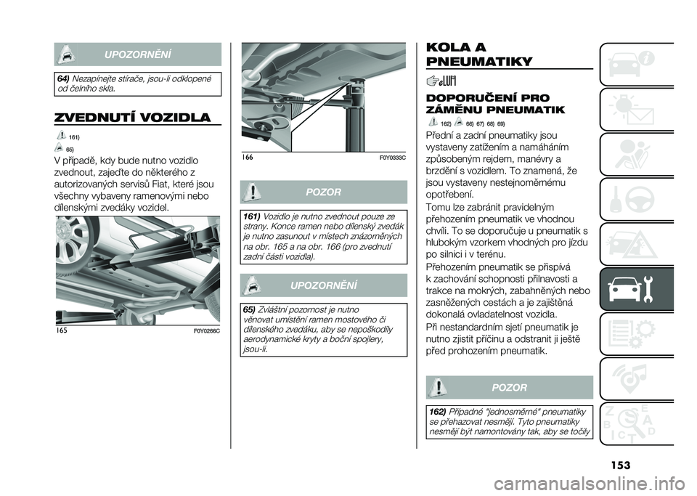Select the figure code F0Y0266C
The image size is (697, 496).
pos(205,330)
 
